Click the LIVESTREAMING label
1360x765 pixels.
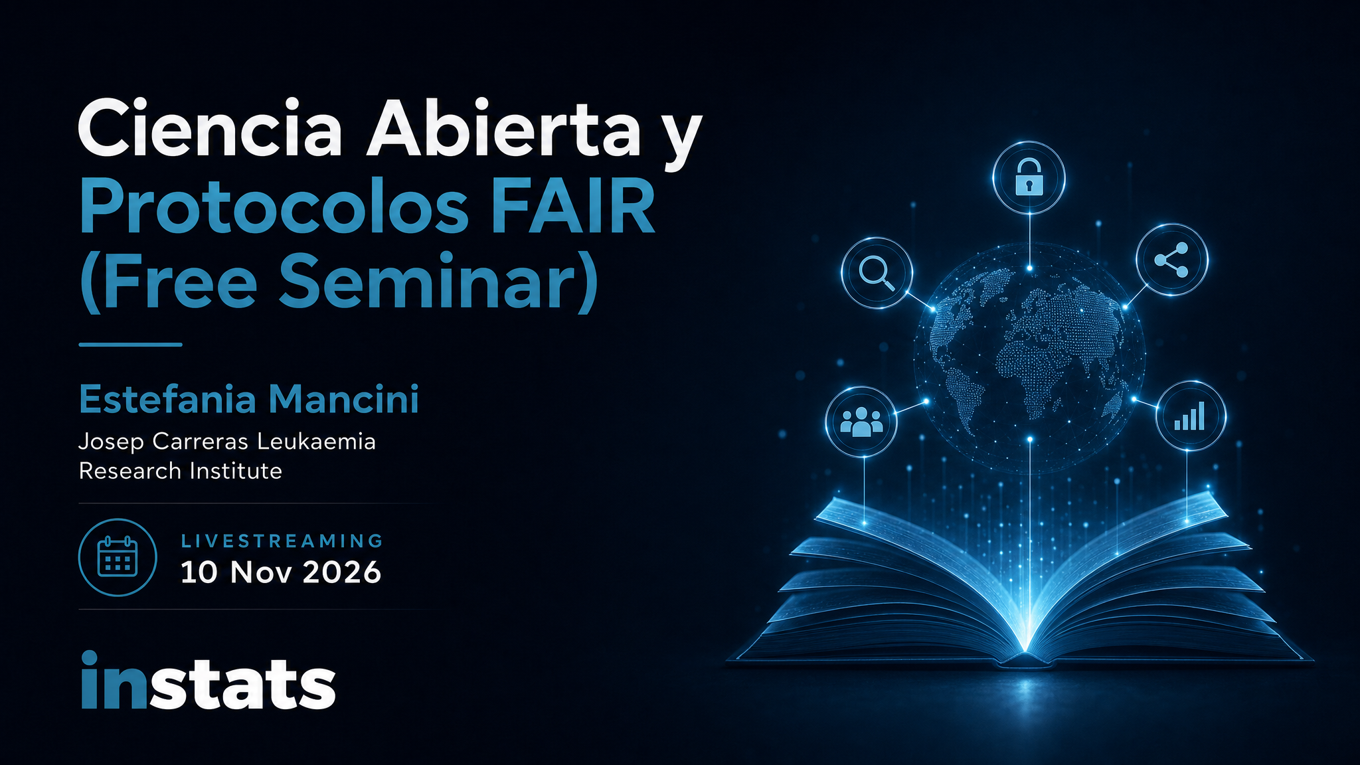click(x=282, y=541)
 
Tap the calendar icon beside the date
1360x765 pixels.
click(x=118, y=556)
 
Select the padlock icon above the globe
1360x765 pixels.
click(x=1029, y=177)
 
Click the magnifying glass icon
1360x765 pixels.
click(x=877, y=273)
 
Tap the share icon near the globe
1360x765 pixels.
click(x=1171, y=260)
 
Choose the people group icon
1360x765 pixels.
click(x=861, y=421)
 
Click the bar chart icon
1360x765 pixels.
click(x=1190, y=416)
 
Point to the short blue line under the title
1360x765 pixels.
click(x=130, y=345)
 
